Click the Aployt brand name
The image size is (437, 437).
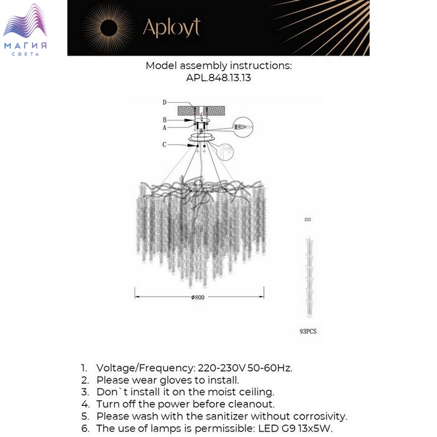[x=171, y=27]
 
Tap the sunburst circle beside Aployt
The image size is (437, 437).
[x=109, y=27]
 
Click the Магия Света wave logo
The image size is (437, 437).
[x=25, y=24]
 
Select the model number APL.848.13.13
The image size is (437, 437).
[x=219, y=79]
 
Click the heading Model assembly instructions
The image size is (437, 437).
[x=219, y=66]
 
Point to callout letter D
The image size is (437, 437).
[x=164, y=102]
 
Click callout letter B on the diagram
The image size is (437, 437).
[x=164, y=119]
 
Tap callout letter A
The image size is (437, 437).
[x=164, y=127]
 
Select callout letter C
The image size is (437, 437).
[x=164, y=144]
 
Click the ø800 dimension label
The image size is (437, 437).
[x=198, y=297]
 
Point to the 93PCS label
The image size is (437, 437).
[x=308, y=331]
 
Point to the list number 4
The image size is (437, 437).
[x=84, y=404]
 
